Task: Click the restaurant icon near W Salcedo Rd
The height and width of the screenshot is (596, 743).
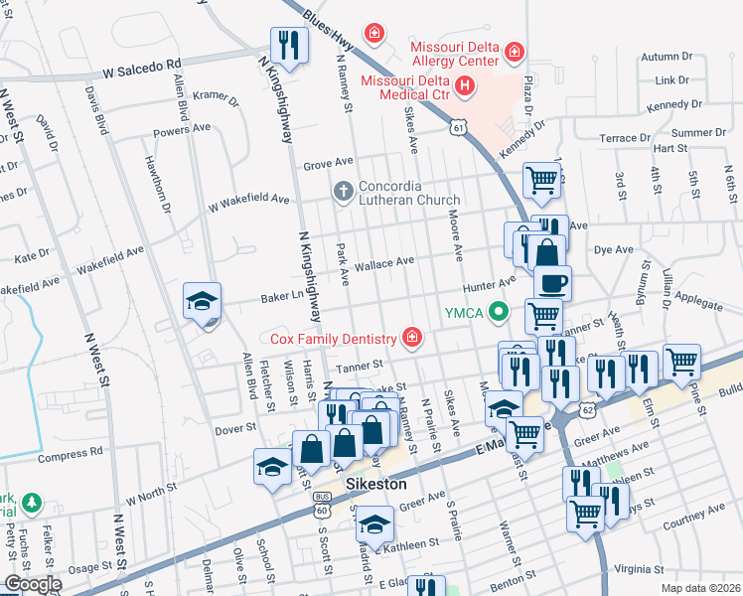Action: coord(289,45)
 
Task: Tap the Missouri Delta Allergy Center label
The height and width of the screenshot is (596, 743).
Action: coord(454,53)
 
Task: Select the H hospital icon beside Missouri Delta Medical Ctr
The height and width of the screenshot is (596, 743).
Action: coord(467,88)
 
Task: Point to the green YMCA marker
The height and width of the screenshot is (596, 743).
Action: coord(500,313)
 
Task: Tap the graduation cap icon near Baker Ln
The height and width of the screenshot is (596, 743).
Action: coord(202,302)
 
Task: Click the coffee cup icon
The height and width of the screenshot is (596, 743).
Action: coord(552,282)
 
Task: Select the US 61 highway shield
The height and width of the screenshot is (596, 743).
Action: coord(457,127)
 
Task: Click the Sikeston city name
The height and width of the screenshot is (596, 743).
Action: coord(377,484)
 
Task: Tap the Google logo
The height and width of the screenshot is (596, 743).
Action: coord(33,583)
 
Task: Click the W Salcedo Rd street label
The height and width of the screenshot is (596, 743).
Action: coord(143,72)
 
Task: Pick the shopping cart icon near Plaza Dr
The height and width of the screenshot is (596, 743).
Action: coord(541,181)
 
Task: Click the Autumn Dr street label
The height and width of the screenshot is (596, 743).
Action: coord(665,57)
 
